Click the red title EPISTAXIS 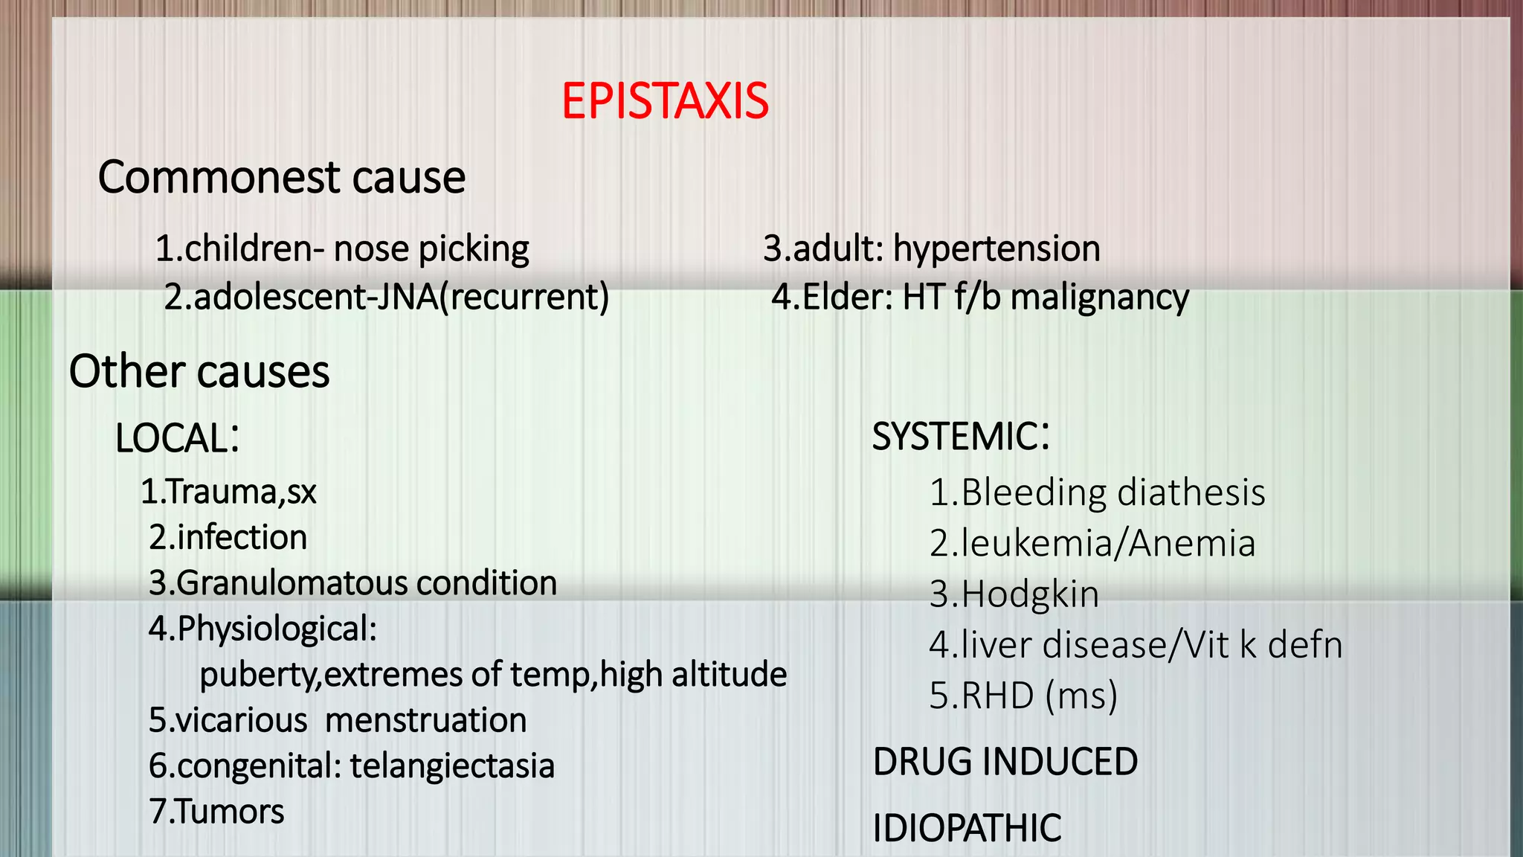665,101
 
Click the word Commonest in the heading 219,178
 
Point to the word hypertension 996,248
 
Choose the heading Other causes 199,371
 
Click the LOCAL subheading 177,437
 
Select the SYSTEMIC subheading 960,436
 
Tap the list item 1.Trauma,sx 229,492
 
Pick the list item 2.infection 228,537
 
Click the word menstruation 425,720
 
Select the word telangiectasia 452,766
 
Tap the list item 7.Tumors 216,811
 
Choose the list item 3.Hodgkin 1014,594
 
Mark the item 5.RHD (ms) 1023,696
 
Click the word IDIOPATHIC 967,828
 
